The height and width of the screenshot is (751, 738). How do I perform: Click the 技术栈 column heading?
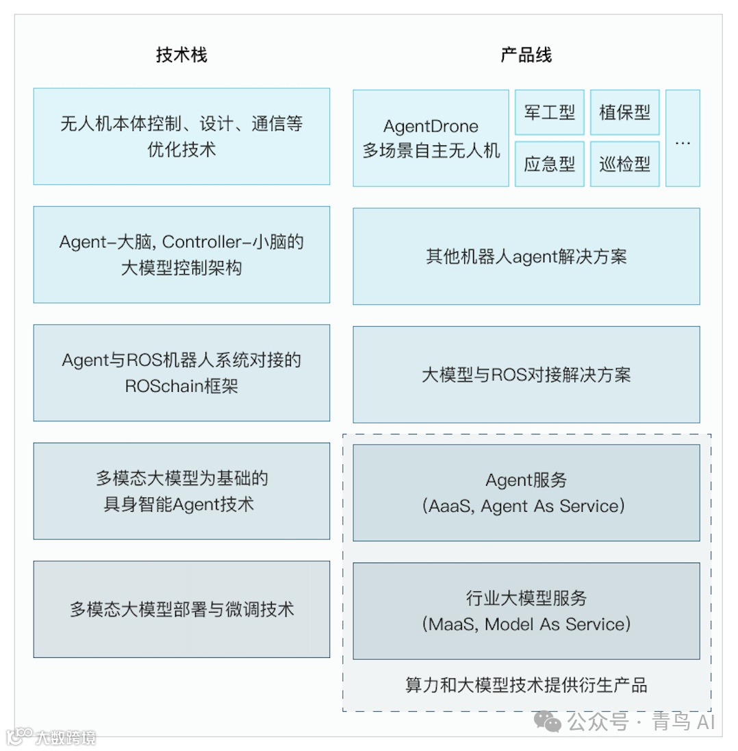click(x=181, y=55)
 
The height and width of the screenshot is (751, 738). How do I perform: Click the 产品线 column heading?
click(x=526, y=55)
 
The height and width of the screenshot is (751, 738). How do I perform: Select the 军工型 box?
click(x=549, y=112)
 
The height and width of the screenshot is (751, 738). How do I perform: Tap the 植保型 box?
click(x=624, y=112)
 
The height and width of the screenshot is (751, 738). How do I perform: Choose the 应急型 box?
click(x=549, y=164)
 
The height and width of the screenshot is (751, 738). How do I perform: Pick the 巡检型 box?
click(x=624, y=164)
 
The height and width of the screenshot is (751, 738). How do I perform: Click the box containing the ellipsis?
click(x=683, y=138)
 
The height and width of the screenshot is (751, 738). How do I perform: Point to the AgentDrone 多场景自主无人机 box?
click(x=431, y=138)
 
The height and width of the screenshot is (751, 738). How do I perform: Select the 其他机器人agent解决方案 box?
click(x=526, y=256)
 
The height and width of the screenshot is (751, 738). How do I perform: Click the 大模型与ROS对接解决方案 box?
click(x=526, y=375)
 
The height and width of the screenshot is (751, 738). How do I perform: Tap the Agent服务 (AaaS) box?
click(x=526, y=493)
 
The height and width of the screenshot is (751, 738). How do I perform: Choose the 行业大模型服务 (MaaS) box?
click(x=526, y=611)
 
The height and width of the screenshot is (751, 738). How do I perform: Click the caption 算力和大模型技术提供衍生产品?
click(x=526, y=685)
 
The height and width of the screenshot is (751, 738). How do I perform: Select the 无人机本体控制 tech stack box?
click(x=181, y=136)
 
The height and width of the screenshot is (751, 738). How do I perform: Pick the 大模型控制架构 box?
click(x=181, y=254)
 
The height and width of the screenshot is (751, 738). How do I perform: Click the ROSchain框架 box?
click(x=181, y=373)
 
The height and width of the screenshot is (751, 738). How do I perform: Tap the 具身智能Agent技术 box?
click(x=181, y=491)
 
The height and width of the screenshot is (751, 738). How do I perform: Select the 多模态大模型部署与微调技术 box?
click(x=181, y=609)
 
